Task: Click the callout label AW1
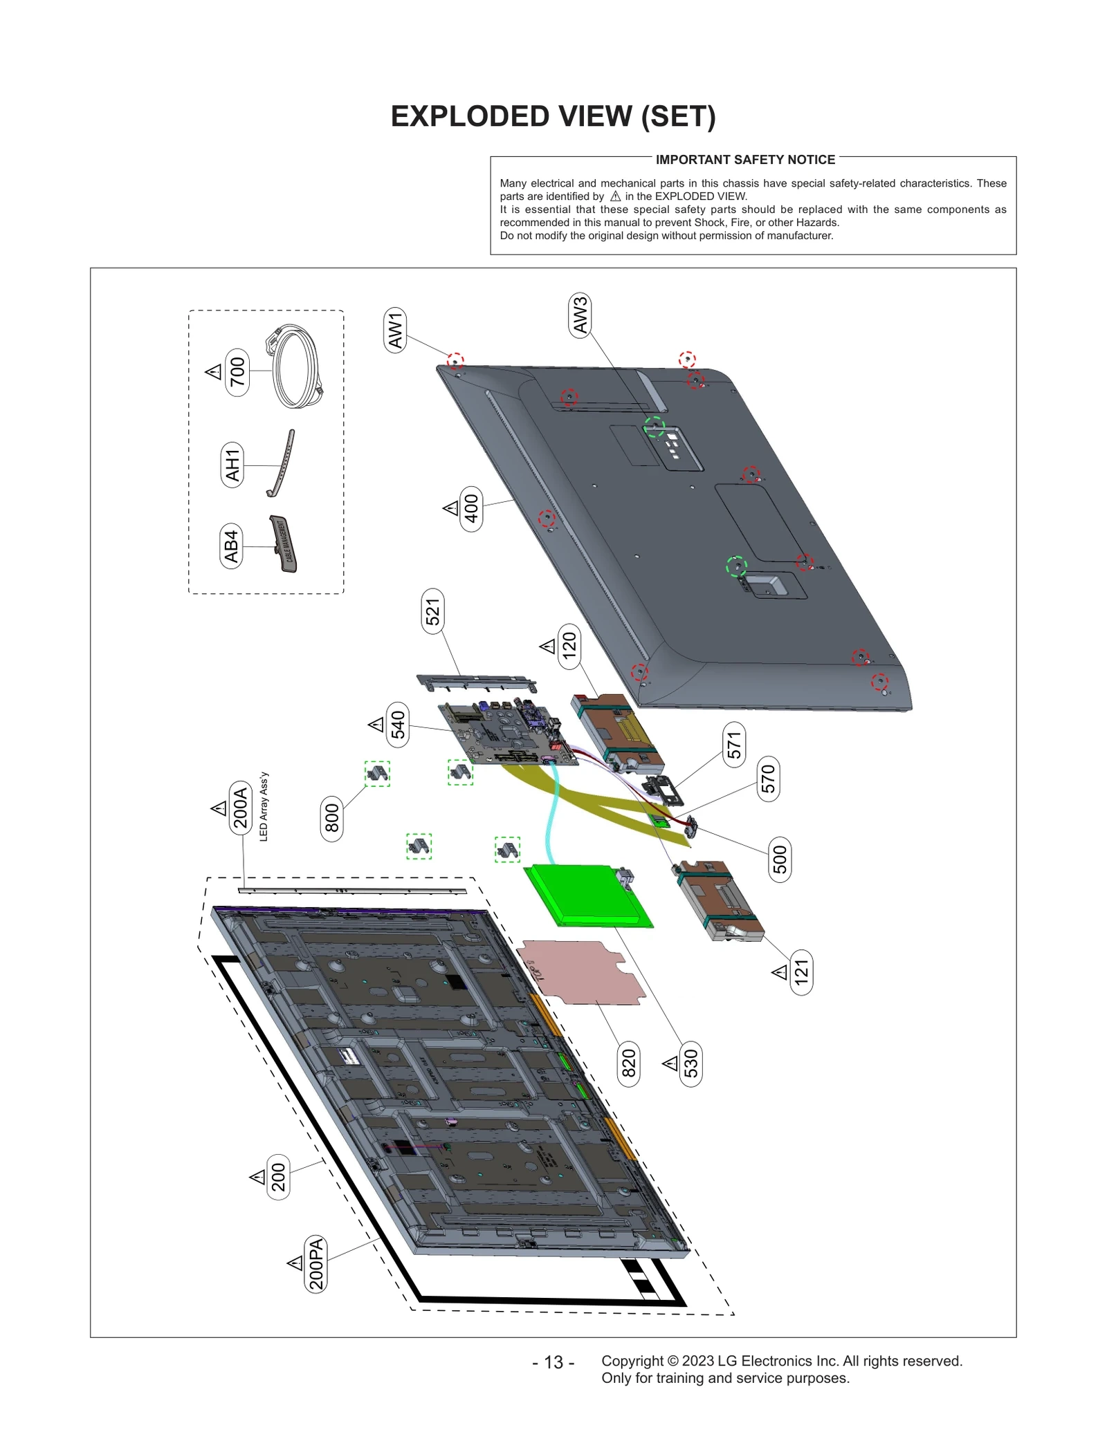395,331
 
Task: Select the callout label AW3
580,315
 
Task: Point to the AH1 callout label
232,465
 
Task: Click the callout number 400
471,508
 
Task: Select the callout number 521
432,611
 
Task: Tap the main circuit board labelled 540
509,733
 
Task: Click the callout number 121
801,972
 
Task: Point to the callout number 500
780,859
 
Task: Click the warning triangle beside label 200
257,1177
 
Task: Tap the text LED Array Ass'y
264,806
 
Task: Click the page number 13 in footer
553,1362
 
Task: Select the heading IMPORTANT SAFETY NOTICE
745,160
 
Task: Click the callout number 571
734,745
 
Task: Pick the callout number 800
332,818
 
